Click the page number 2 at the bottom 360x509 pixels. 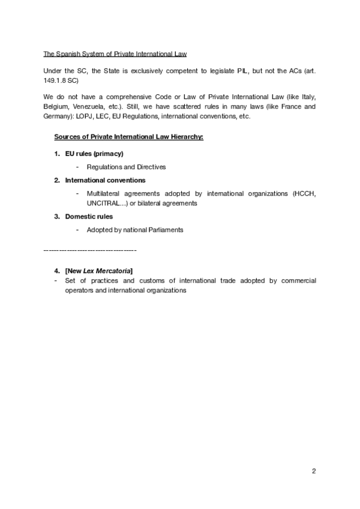pyautogui.click(x=313, y=471)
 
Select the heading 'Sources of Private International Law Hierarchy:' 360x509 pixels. pyautogui.click(x=129, y=137)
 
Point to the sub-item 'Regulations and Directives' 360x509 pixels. pyautogui.click(x=126, y=167)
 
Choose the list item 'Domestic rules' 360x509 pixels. pyautogui.click(x=89, y=216)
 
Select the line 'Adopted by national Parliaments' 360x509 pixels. pyautogui.click(x=134, y=229)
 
